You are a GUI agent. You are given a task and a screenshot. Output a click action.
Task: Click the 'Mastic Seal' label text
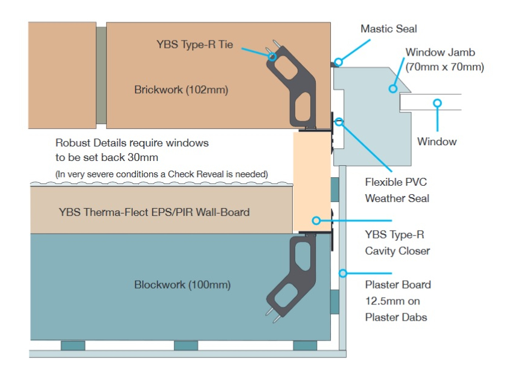(388, 28)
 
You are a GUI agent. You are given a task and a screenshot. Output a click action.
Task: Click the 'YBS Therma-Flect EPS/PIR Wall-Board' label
(154, 212)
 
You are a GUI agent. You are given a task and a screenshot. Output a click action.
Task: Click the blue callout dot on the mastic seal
(339, 61)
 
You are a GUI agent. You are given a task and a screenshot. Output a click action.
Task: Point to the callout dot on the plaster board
(343, 273)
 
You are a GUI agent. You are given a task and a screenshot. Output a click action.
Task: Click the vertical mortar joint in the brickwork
(101, 75)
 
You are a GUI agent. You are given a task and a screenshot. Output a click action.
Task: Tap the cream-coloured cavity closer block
(310, 182)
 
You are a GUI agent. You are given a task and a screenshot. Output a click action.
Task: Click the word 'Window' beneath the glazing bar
(437, 142)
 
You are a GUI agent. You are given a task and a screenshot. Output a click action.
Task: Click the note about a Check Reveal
(161, 174)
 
